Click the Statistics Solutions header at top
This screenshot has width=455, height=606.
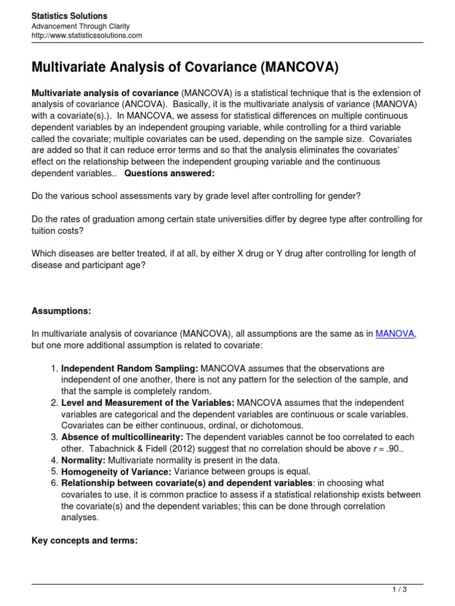[x=69, y=15]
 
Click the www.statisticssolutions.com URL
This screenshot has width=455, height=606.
[x=86, y=36]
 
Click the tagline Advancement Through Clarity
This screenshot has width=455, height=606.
[x=80, y=26]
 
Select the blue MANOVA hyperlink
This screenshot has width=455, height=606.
[x=395, y=334]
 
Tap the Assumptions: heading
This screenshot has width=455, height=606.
[x=62, y=311]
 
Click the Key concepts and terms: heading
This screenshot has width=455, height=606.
[x=84, y=540]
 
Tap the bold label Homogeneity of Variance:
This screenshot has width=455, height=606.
[x=116, y=472]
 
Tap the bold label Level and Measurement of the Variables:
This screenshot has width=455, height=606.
[x=148, y=402]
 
